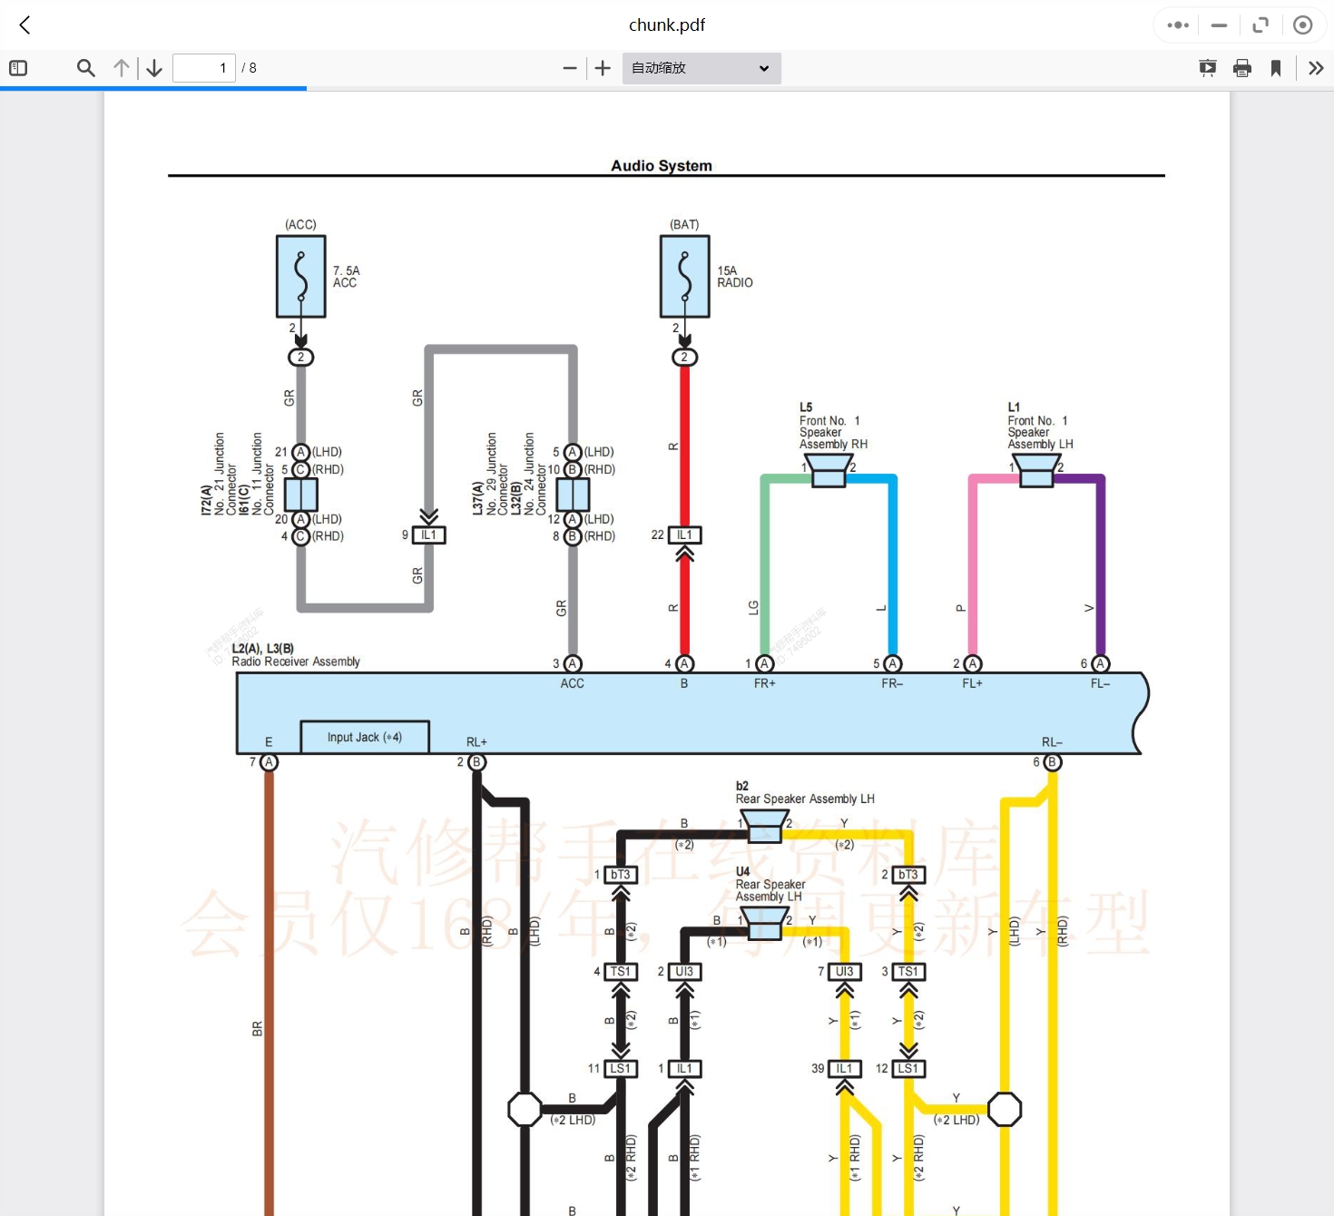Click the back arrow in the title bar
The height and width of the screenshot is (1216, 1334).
coord(25,25)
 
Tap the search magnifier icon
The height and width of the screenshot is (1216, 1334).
coord(86,68)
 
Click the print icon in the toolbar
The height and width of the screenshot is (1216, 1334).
coord(1242,68)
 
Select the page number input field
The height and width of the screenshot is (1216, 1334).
coord(203,68)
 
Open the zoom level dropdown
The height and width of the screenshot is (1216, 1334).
coord(701,68)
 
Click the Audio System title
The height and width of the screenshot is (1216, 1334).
coord(661,165)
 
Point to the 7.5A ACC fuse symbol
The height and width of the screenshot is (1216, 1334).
coord(301,277)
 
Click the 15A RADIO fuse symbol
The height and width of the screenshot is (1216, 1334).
coord(685,277)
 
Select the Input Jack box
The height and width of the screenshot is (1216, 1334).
coord(365,737)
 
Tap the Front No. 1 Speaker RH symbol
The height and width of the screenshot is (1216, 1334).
coord(829,470)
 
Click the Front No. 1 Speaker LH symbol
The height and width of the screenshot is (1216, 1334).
coord(1036,470)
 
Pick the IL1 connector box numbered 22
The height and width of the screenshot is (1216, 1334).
coord(684,535)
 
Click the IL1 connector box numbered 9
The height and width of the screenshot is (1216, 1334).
coord(429,535)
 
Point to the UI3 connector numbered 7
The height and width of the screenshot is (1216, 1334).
coord(844,972)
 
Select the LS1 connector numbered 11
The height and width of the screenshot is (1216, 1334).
coord(621,1069)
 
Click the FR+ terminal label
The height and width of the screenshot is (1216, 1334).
coord(765,683)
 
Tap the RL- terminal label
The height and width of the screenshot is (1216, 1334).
coord(1052,742)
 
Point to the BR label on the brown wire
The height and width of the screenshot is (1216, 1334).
coord(258,1029)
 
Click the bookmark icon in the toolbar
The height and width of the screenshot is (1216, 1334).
coord(1276,68)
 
